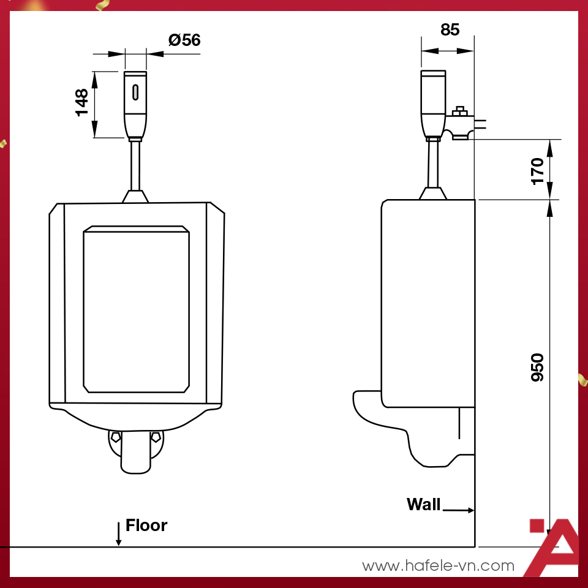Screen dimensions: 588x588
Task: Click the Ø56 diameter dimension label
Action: click(184, 40)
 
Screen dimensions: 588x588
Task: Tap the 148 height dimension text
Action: click(81, 103)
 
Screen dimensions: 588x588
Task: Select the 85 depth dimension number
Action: click(450, 29)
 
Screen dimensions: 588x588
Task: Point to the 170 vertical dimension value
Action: click(537, 170)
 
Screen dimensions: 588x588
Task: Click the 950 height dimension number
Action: click(537, 367)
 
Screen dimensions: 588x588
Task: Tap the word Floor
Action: click(146, 526)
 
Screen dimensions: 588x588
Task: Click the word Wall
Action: click(423, 505)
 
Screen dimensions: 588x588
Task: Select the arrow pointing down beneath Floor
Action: click(118, 534)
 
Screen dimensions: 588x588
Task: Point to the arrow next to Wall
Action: click(458, 510)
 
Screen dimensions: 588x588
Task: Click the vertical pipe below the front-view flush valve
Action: click(135, 165)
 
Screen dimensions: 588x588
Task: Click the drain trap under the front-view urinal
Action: click(135, 452)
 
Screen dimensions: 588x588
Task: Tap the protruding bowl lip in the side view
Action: click(366, 404)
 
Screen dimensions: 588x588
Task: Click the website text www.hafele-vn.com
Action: click(438, 566)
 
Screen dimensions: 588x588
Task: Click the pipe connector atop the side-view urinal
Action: click(432, 194)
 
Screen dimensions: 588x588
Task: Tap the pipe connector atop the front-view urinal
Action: click(135, 196)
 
